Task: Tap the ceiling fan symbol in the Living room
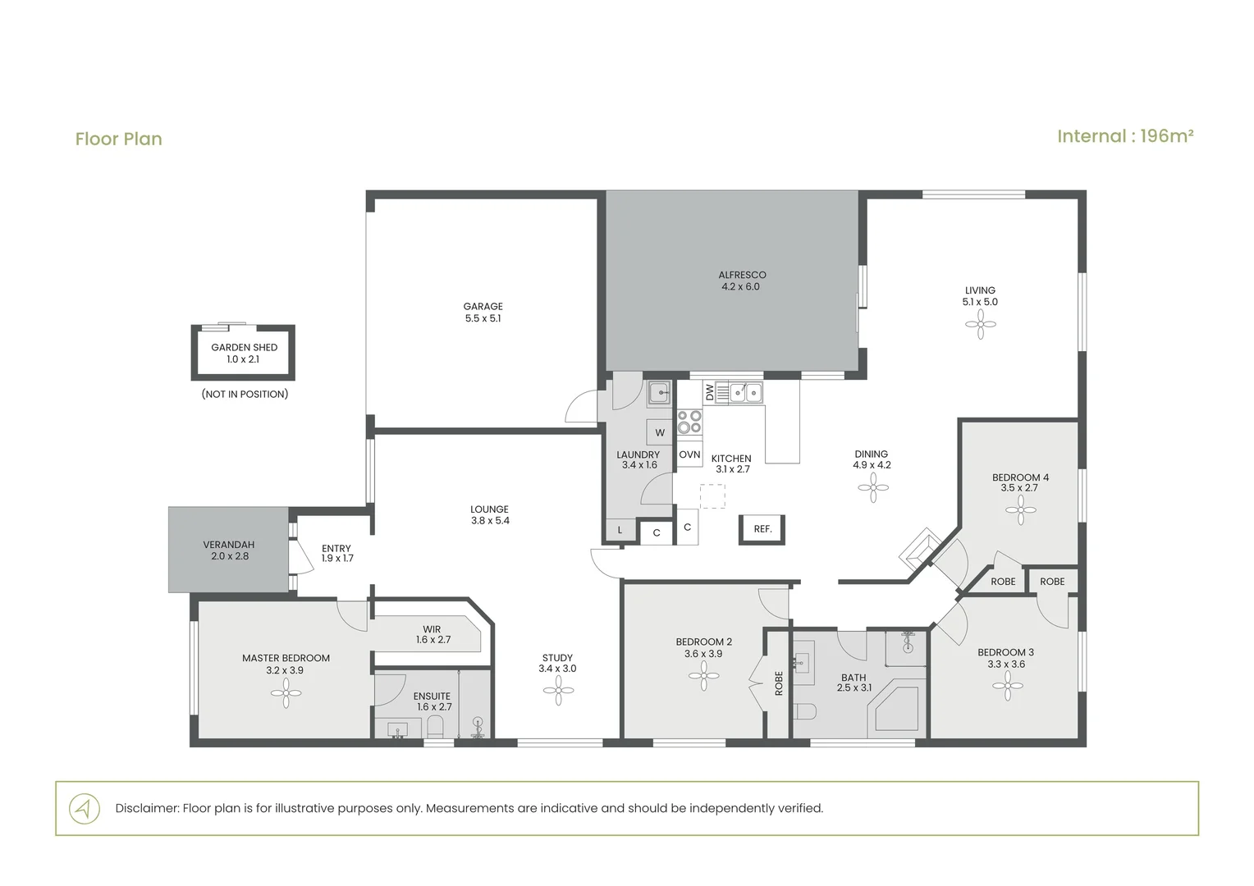pyautogui.click(x=980, y=324)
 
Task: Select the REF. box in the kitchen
pyautogui.click(x=762, y=529)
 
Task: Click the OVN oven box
pyautogui.click(x=689, y=454)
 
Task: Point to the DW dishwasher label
pyautogui.click(x=709, y=392)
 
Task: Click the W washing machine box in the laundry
pyautogui.click(x=660, y=432)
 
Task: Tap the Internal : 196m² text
pyautogui.click(x=1125, y=136)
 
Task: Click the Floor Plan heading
pyautogui.click(x=119, y=139)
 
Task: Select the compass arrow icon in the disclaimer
pyautogui.click(x=85, y=808)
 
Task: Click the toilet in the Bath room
pyautogui.click(x=804, y=712)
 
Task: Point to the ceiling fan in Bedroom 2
pyautogui.click(x=703, y=676)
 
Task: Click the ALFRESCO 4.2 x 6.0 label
pyautogui.click(x=742, y=281)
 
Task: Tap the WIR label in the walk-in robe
pyautogui.click(x=432, y=629)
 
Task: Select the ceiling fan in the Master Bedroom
pyautogui.click(x=286, y=693)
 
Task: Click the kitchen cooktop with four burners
pyautogui.click(x=689, y=422)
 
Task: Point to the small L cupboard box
pyautogui.click(x=620, y=529)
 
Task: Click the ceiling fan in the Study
pyautogui.click(x=558, y=690)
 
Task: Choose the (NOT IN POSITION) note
pyautogui.click(x=245, y=394)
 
